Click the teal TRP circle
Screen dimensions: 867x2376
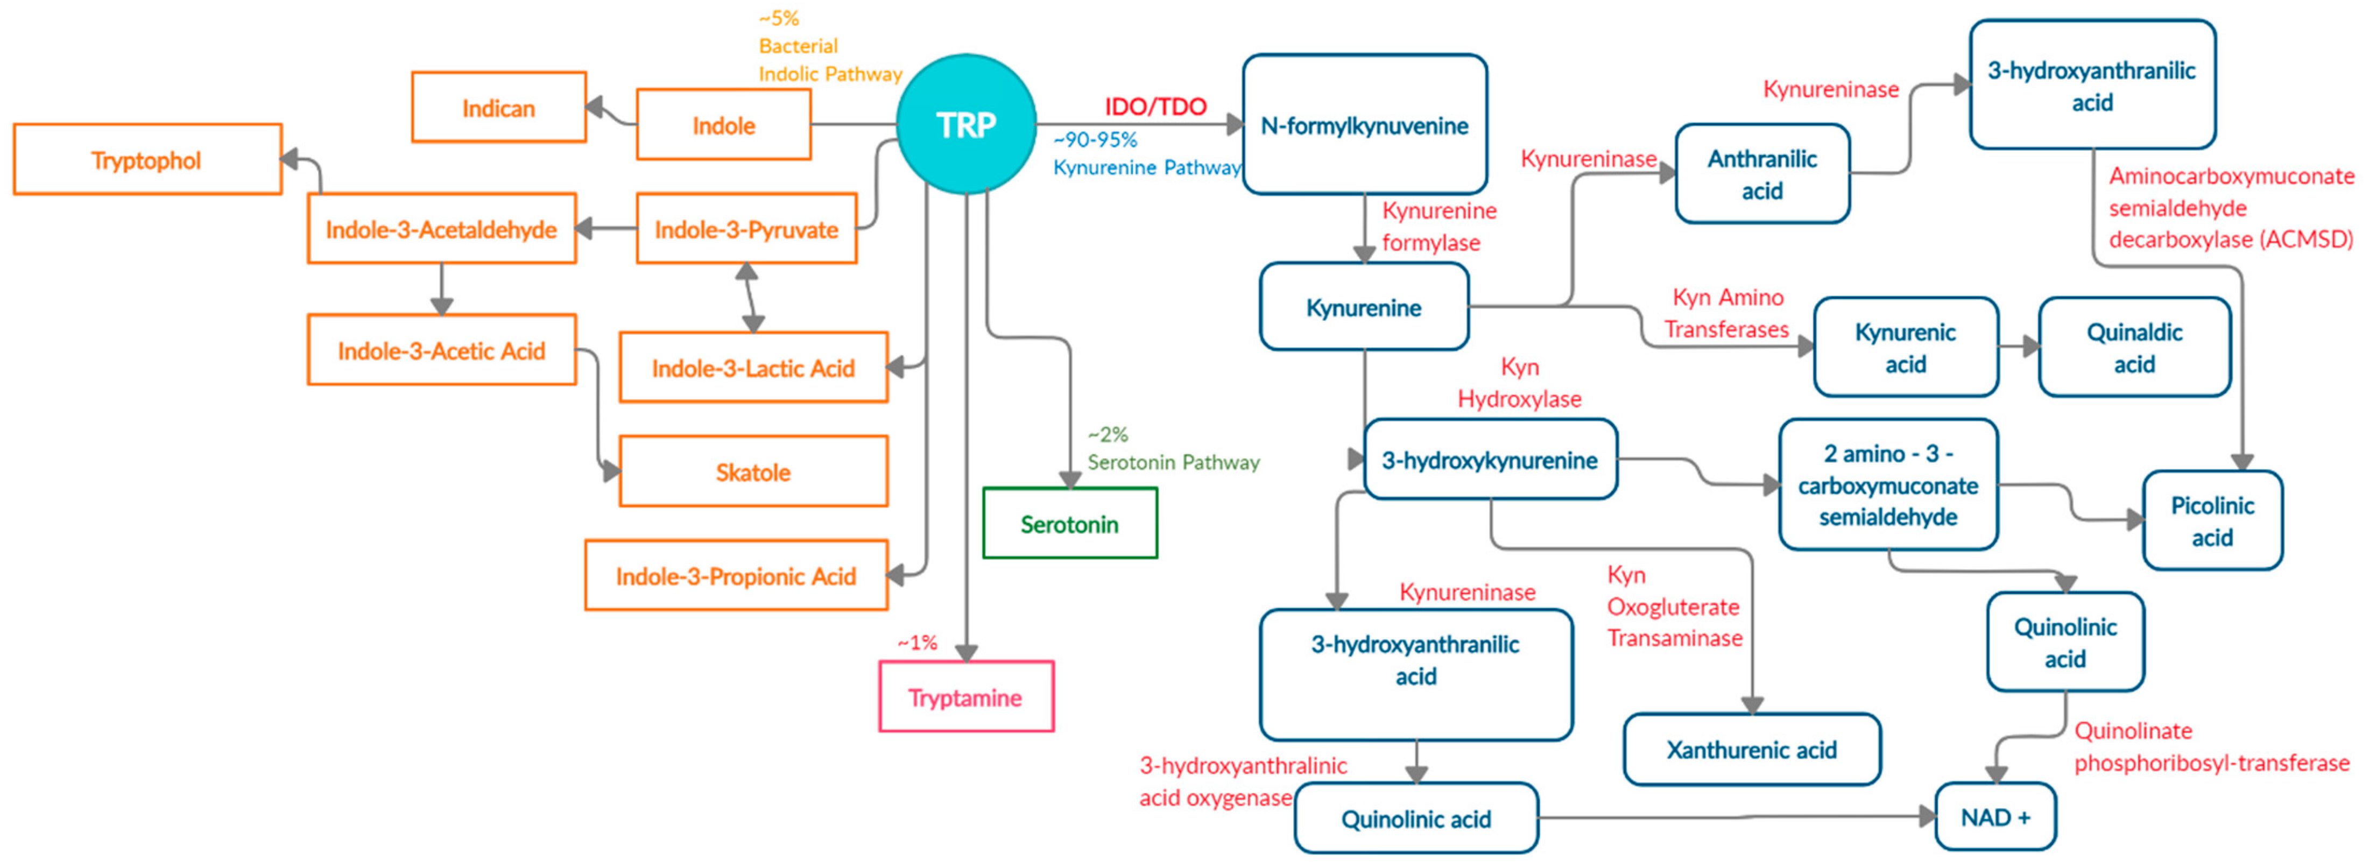(x=965, y=124)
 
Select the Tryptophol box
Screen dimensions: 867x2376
(x=147, y=159)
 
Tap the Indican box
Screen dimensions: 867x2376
(x=498, y=108)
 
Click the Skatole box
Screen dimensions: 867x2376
(x=753, y=471)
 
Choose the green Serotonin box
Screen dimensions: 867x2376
(x=1069, y=524)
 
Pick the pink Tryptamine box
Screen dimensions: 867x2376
(x=965, y=697)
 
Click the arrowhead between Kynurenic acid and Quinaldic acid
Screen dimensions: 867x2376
(x=2029, y=347)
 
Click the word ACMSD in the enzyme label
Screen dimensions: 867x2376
(x=2306, y=240)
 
